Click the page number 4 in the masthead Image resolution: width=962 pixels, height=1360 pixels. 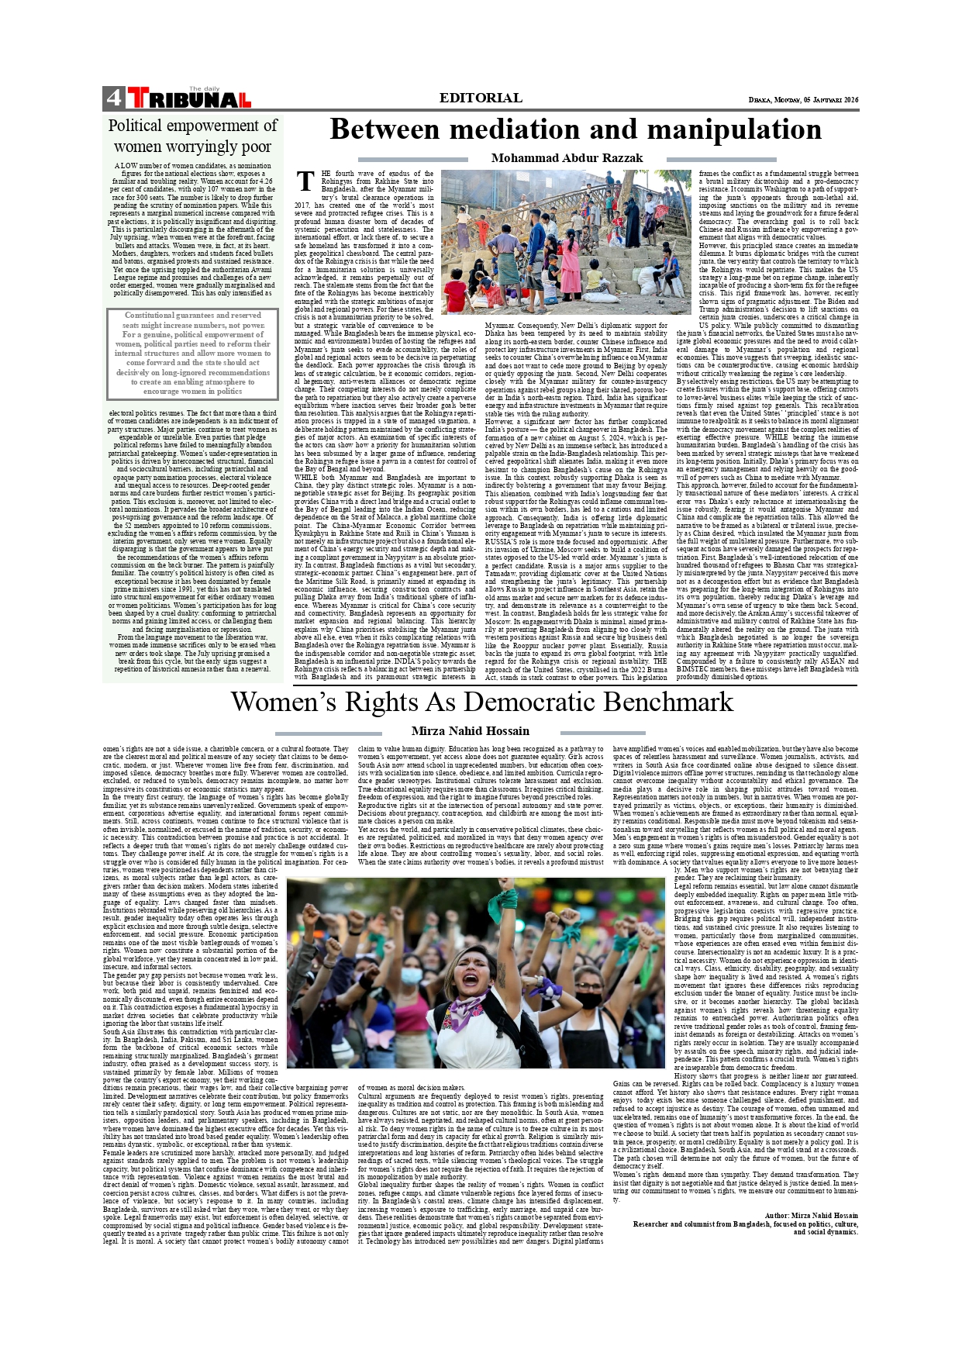pyautogui.click(x=113, y=98)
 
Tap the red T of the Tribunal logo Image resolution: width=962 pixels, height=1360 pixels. pyautogui.click(x=138, y=98)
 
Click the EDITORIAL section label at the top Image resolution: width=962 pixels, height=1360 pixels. pyautogui.click(x=481, y=98)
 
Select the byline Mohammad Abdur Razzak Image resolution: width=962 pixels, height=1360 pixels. pyautogui.click(x=567, y=158)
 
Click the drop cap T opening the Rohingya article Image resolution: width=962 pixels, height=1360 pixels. pyautogui.click(x=306, y=181)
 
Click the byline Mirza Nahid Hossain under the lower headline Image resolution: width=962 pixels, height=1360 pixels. pyautogui.click(x=470, y=730)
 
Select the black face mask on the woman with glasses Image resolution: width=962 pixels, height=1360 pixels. pyautogui.click(x=588, y=1000)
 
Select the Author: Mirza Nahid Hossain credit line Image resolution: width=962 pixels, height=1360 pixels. pyautogui.click(x=811, y=1215)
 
